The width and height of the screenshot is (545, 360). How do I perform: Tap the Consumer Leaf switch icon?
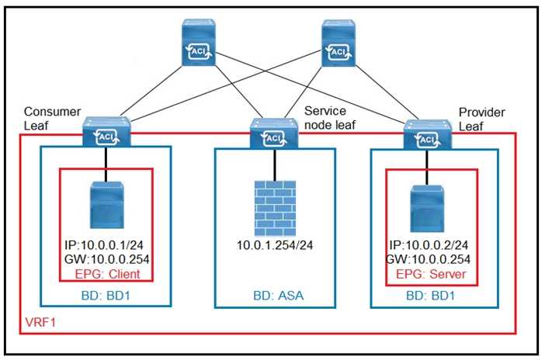[x=106, y=133]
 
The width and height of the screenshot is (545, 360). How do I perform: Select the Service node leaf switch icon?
[x=272, y=134]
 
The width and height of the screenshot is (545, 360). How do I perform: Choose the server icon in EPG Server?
[x=427, y=206]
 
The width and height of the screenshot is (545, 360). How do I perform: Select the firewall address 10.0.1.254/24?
[x=274, y=247]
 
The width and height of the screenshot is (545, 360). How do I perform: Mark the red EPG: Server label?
[x=430, y=273]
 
